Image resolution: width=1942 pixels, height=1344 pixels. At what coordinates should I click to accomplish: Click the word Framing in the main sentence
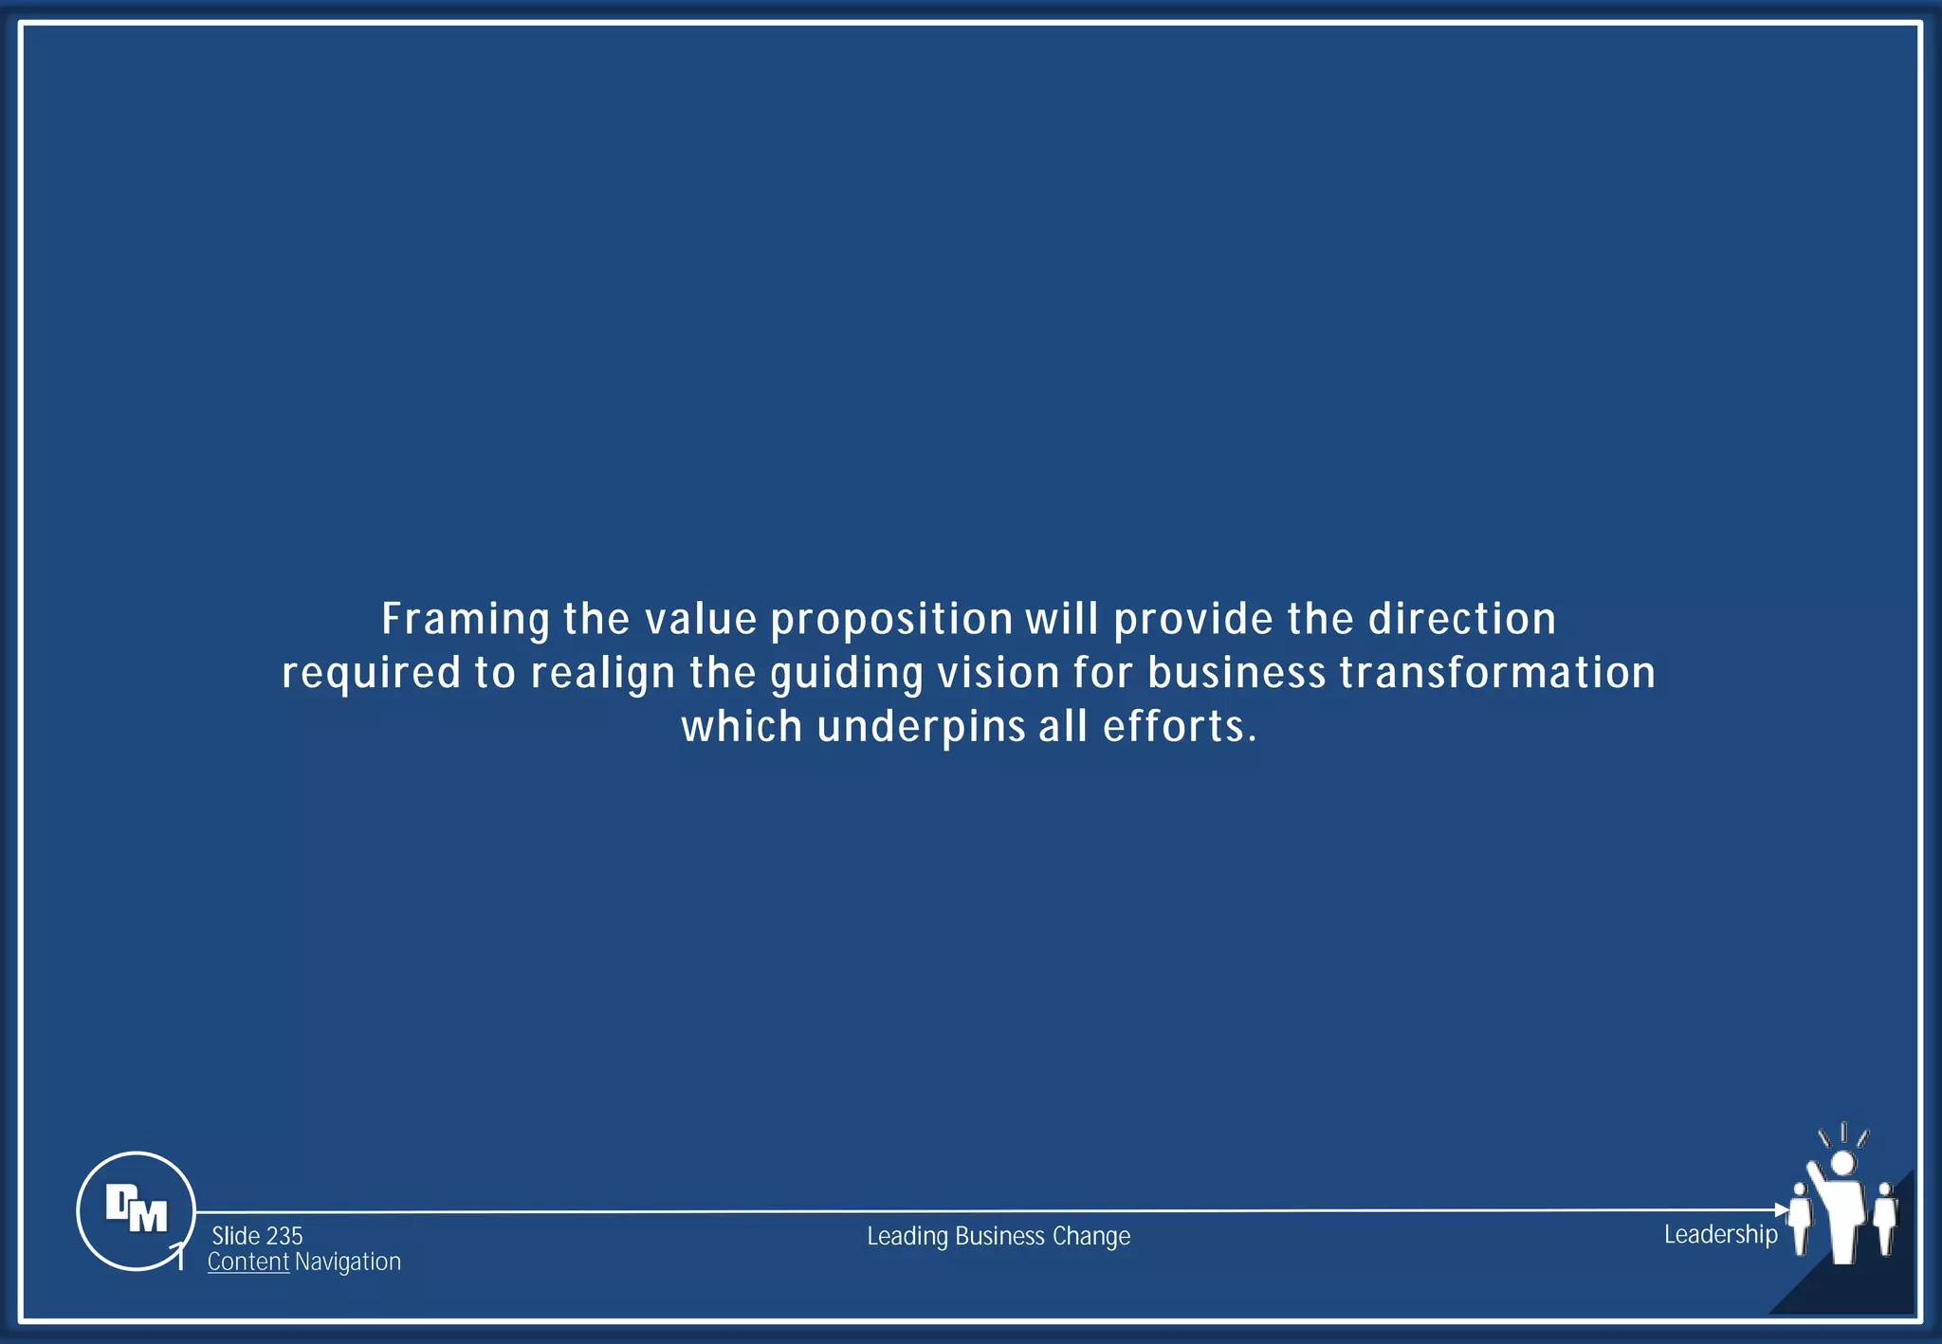tap(465, 620)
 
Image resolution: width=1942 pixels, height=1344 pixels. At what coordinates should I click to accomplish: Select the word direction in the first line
tap(1461, 619)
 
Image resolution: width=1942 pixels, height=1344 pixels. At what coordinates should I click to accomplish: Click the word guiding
tap(846, 674)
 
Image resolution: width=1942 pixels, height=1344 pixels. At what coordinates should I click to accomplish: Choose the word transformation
tap(1497, 673)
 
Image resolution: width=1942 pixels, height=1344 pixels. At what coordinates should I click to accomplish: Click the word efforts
tap(1180, 727)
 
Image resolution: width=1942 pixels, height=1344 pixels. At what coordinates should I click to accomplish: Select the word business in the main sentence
tap(1236, 673)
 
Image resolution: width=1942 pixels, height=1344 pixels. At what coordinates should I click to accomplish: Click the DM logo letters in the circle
tap(137, 1208)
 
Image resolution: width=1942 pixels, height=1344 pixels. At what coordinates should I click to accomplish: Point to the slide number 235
tap(284, 1236)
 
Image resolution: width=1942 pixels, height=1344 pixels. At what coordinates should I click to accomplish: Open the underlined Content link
tap(247, 1262)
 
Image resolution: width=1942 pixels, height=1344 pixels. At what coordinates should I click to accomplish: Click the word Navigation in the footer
tap(348, 1262)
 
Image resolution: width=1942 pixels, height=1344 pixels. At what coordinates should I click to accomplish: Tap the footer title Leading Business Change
tap(998, 1236)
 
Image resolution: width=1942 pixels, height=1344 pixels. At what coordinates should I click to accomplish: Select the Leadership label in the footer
tap(1720, 1234)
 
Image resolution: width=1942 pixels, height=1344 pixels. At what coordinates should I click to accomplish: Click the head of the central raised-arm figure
tap(1842, 1163)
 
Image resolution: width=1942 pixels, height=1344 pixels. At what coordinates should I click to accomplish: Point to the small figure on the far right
tap(1885, 1217)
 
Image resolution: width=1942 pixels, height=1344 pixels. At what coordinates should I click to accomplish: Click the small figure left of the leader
tap(1799, 1217)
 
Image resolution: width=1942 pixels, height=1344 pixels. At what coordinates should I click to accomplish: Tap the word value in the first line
tap(701, 620)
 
